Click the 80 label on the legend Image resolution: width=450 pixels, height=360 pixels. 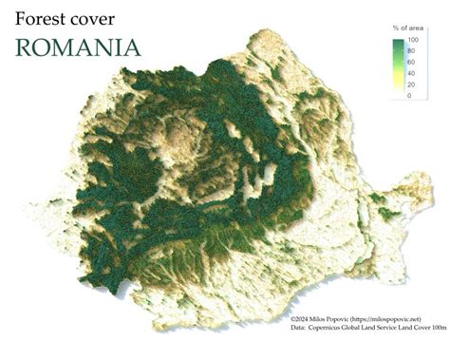click(410, 52)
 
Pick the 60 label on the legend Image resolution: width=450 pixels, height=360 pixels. click(410, 63)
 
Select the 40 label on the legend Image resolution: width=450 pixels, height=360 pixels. click(410, 73)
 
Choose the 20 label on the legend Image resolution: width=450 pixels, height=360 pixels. click(410, 85)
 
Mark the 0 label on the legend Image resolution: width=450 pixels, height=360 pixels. click(409, 95)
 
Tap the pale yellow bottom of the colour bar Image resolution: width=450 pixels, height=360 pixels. click(396, 94)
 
